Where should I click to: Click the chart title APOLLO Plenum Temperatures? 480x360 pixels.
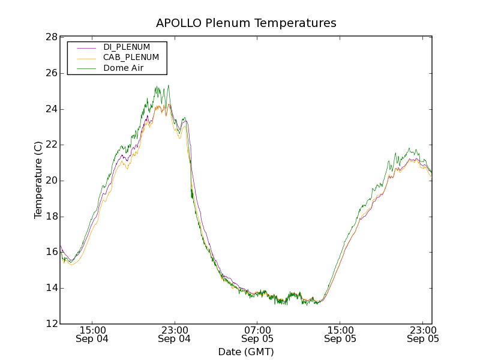246,23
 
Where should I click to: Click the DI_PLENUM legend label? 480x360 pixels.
127,47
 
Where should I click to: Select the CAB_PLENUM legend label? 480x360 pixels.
131,58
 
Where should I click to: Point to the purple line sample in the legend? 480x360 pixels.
85,47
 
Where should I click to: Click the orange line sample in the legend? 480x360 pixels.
85,58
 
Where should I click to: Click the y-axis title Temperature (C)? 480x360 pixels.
38,180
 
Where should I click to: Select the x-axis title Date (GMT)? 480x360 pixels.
246,352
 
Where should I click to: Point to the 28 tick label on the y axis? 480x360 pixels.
51,37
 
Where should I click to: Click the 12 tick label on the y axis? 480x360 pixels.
51,324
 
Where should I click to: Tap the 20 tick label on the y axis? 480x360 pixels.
51,181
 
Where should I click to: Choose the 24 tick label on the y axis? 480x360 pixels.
51,109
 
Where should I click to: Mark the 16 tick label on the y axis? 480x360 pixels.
51,253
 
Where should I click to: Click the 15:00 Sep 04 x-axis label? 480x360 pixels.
92,334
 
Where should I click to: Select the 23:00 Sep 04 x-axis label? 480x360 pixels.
175,334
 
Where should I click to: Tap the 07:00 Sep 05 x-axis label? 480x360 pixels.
257,334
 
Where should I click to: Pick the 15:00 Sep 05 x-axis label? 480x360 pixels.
340,334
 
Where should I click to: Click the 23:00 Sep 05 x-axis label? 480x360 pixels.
423,334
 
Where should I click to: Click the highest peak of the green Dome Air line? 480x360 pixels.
169,85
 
